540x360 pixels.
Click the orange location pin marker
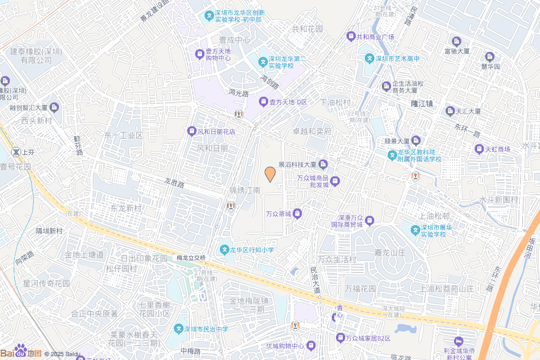[x=270, y=174]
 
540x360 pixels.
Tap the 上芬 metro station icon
[x=17, y=152]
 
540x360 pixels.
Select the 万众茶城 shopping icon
[x=297, y=213]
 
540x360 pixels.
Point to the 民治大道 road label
[x=315, y=280]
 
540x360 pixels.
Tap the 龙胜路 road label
[x=174, y=183]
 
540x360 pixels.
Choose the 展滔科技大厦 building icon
[x=323, y=165]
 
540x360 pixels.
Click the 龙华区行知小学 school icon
[x=225, y=249]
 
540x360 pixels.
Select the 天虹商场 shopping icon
[x=479, y=149]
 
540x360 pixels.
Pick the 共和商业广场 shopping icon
[x=351, y=37]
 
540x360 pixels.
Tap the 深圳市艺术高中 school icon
[x=370, y=58]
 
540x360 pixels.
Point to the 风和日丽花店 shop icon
[x=192, y=131]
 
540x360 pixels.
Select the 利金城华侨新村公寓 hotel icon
[x=458, y=341]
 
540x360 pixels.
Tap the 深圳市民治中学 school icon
[x=178, y=329]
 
